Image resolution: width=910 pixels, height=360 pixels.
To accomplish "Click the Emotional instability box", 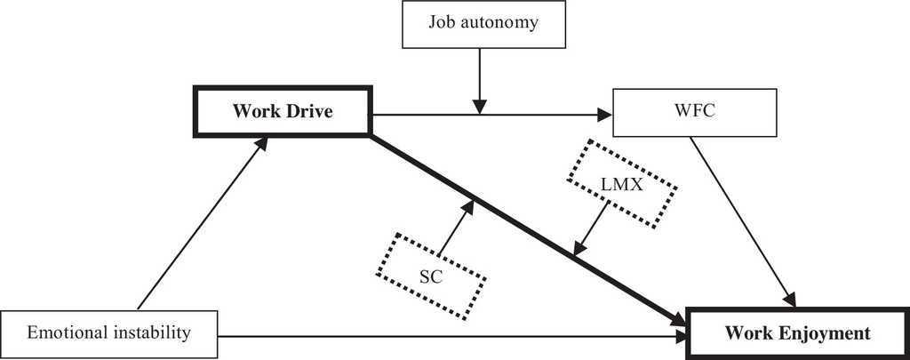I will (109, 334).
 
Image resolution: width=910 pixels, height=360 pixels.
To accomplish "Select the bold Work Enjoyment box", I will (797, 334).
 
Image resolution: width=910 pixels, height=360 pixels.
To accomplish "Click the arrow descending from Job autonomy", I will (480, 80).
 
